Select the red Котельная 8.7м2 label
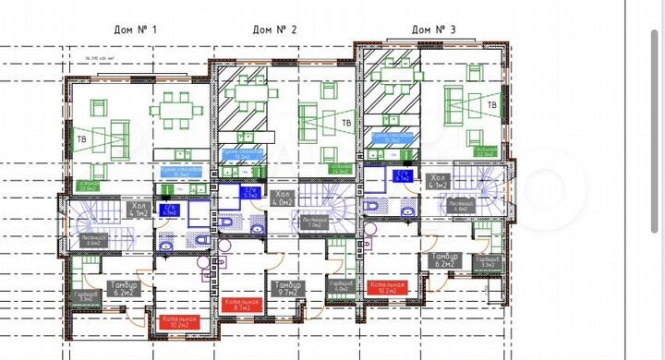242,306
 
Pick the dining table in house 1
172,114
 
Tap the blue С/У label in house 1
169,209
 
